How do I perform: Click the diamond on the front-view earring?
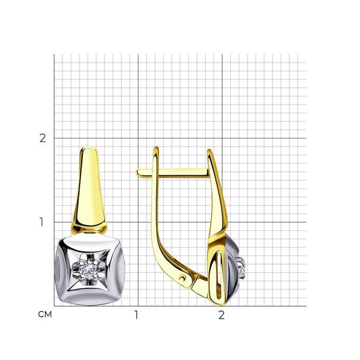pyautogui.click(x=88, y=270)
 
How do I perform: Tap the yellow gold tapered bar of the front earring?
pyautogui.click(x=89, y=188)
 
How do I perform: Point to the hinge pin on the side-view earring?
pyautogui.click(x=183, y=278)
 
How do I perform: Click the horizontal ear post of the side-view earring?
pyautogui.click(x=173, y=173)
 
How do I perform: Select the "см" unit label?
pyautogui.click(x=45, y=314)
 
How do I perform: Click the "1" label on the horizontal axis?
pyautogui.click(x=137, y=315)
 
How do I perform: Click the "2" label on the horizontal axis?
pyautogui.click(x=221, y=315)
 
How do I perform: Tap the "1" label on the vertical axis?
pyautogui.click(x=41, y=222)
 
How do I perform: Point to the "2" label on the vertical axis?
pyautogui.click(x=43, y=138)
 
